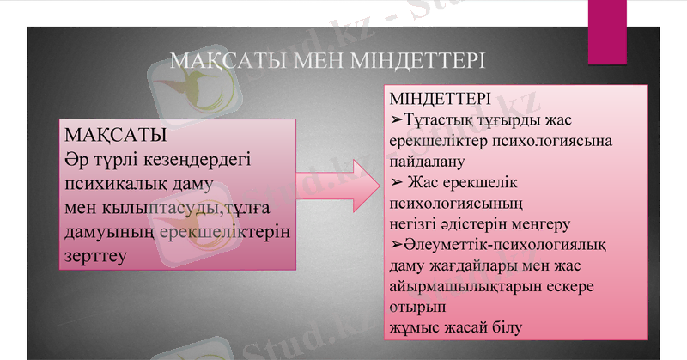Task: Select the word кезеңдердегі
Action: click(201, 160)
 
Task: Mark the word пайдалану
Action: click(426, 160)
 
